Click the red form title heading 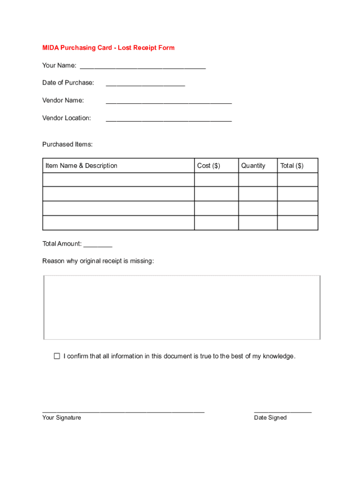108,48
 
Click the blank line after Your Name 143,66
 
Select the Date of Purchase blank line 145,84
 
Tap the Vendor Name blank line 169,102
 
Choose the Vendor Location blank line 169,119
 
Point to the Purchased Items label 67,144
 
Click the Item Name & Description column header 81,166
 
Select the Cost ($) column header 209,166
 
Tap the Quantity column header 253,166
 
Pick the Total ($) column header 292,166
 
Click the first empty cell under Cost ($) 216,180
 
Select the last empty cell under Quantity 258,223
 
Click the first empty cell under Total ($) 297,180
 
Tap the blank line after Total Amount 98,245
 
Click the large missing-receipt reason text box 182,307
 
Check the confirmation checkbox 57,356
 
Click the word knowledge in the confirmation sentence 279,356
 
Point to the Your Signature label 61,418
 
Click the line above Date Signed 282,412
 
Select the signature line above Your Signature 123,412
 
